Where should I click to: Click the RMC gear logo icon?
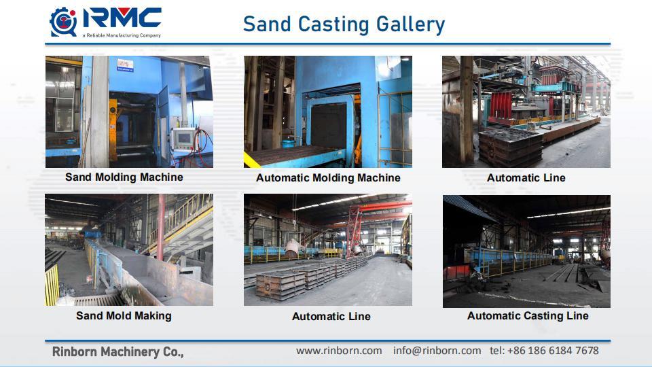pos(64,22)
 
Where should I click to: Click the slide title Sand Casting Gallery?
pos(344,24)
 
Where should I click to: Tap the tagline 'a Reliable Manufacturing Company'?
pos(121,35)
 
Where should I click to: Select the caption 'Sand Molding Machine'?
pos(124,177)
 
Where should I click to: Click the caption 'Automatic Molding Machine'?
pos(328,178)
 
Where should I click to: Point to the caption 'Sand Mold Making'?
pos(124,316)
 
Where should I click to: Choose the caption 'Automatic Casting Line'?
pos(528,316)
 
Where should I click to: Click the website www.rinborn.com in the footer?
pos(339,351)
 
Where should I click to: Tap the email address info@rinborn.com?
pos(437,351)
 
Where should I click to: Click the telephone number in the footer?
pos(544,351)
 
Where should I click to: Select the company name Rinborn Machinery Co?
pos(118,352)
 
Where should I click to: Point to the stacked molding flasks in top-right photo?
pos(511,146)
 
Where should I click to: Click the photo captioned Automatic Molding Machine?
pos(328,111)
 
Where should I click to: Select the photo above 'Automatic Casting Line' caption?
pos(526,251)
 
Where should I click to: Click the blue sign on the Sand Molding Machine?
pos(124,65)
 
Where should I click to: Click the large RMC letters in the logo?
pos(122,18)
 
